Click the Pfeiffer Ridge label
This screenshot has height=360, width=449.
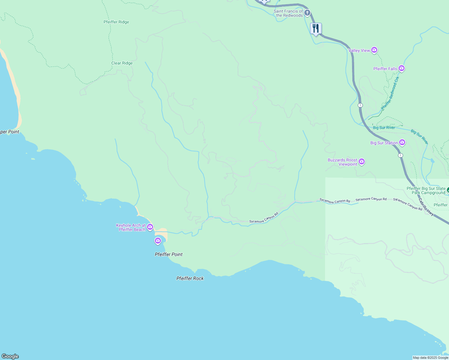click(x=116, y=22)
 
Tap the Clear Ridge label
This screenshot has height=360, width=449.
click(x=122, y=63)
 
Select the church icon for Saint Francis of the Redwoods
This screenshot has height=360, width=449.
click(x=307, y=13)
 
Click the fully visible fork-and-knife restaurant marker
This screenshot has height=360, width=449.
click(x=316, y=29)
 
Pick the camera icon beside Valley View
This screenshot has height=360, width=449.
click(x=374, y=50)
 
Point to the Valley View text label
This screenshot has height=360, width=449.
click(x=359, y=50)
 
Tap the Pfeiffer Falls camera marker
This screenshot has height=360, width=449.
click(x=402, y=68)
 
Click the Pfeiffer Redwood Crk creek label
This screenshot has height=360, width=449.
click(x=390, y=93)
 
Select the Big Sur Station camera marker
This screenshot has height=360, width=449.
click(x=402, y=142)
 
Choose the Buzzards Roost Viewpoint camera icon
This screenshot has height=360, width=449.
click(x=362, y=162)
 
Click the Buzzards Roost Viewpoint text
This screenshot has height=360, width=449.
click(x=342, y=162)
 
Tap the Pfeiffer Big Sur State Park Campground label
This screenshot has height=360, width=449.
click(x=426, y=190)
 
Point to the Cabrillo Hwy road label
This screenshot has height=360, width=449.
click(x=426, y=207)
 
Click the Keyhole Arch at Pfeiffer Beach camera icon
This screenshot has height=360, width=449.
click(x=150, y=227)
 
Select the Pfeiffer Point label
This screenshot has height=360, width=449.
click(x=168, y=254)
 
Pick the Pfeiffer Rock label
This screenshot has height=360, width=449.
click(x=190, y=278)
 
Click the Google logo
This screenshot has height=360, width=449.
click(x=10, y=356)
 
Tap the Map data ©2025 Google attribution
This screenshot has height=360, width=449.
click(x=430, y=358)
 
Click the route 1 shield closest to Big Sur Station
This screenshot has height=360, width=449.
click(x=400, y=155)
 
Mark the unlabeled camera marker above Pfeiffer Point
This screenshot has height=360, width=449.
click(x=158, y=241)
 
